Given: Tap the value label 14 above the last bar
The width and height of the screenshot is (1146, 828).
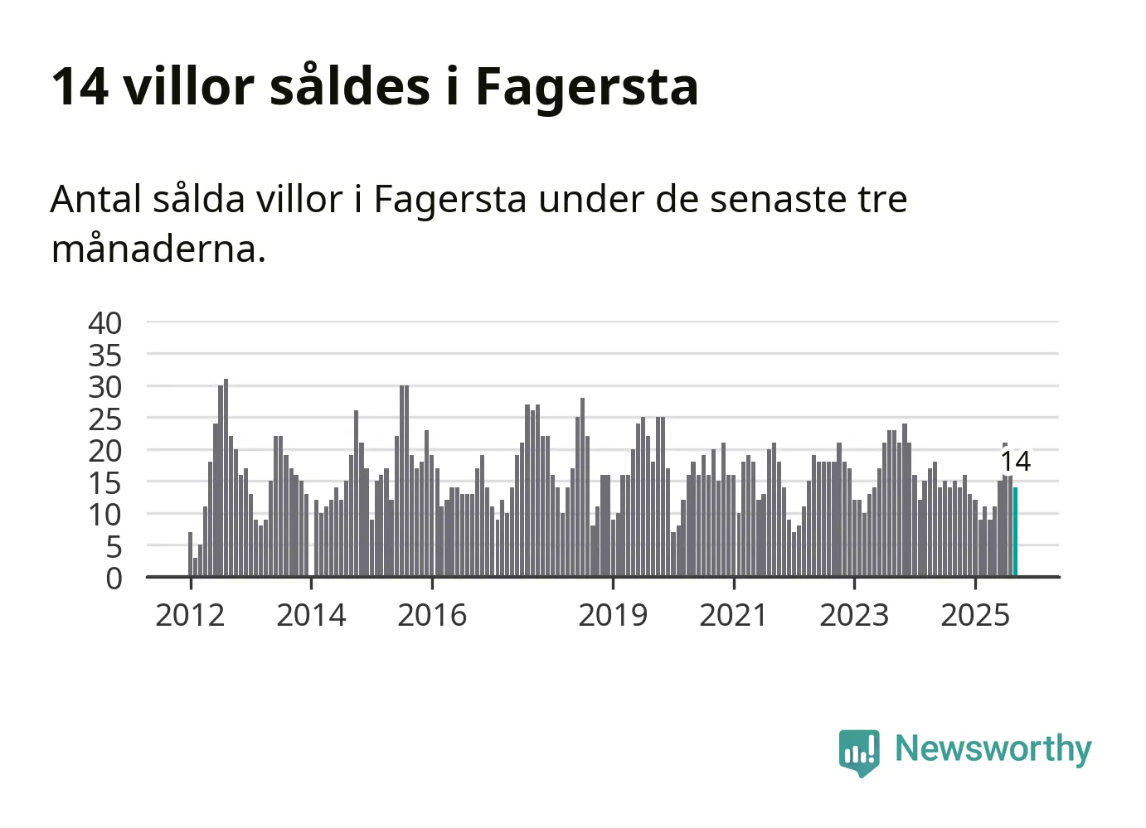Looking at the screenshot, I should (x=1015, y=461).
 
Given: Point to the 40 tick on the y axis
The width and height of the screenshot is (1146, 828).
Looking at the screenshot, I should (x=105, y=322).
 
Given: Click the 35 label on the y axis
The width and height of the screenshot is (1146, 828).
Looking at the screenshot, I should (x=105, y=356).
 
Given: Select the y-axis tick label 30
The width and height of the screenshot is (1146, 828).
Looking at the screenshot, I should (x=105, y=387).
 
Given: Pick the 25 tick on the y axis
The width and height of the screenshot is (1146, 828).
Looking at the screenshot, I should (x=105, y=419).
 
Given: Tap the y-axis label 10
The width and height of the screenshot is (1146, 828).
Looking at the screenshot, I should (x=105, y=515).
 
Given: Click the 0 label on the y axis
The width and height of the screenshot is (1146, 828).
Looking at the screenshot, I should (x=114, y=579).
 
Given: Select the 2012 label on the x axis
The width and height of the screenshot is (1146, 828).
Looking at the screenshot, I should (x=190, y=615).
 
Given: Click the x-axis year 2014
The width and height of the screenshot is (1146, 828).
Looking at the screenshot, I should (x=311, y=615).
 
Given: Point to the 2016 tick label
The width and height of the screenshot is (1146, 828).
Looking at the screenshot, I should (x=432, y=615).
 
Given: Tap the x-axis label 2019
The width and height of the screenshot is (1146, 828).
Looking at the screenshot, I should (x=613, y=615).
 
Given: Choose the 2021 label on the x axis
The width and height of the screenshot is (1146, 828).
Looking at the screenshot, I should (x=734, y=615).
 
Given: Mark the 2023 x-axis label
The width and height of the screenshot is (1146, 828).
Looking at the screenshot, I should (x=854, y=615).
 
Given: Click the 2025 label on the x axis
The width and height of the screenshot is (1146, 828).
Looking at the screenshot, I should (x=975, y=615).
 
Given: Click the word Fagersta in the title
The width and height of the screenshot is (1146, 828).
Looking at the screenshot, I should (x=586, y=86).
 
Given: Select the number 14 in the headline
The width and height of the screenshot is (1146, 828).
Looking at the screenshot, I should (x=80, y=86).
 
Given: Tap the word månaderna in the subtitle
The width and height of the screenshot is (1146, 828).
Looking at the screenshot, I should (x=158, y=248).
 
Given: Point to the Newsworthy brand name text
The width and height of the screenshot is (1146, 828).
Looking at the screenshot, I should (x=993, y=748).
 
